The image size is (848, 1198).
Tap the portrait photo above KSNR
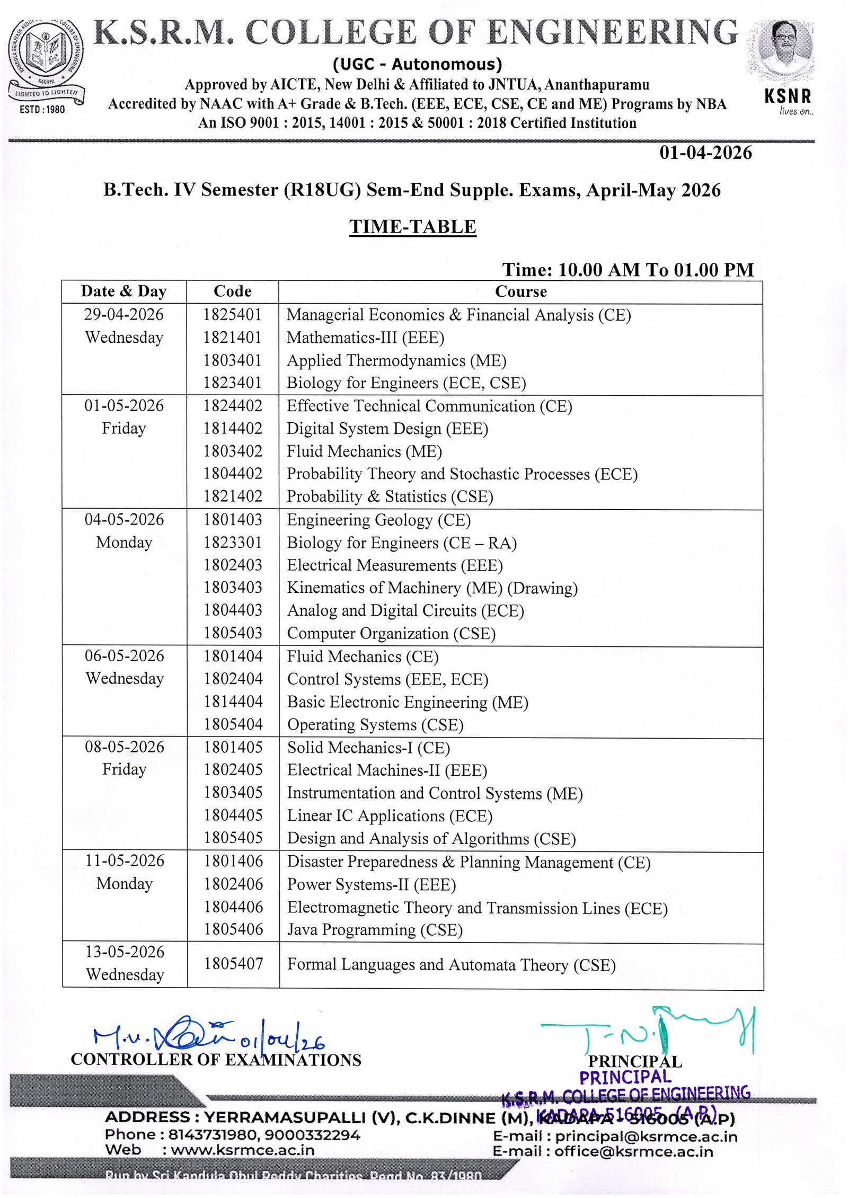(785, 50)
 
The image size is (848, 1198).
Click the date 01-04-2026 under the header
(705, 153)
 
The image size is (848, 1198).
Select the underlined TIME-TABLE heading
(412, 226)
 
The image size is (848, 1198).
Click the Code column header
(232, 291)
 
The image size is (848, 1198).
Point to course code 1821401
(232, 337)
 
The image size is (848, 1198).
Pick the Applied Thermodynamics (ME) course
(396, 360)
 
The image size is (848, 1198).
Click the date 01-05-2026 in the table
(124, 405)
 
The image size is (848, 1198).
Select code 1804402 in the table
(233, 473)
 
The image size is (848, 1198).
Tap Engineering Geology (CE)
(378, 520)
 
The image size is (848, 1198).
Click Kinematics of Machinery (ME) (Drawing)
(432, 588)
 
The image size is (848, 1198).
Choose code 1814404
(233, 702)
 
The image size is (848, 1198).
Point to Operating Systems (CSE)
(375, 724)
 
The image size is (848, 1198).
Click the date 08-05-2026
(125, 747)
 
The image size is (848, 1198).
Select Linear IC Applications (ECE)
(390, 815)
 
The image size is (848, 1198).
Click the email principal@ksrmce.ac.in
(646, 1136)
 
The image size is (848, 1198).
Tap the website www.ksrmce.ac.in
(242, 1150)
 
